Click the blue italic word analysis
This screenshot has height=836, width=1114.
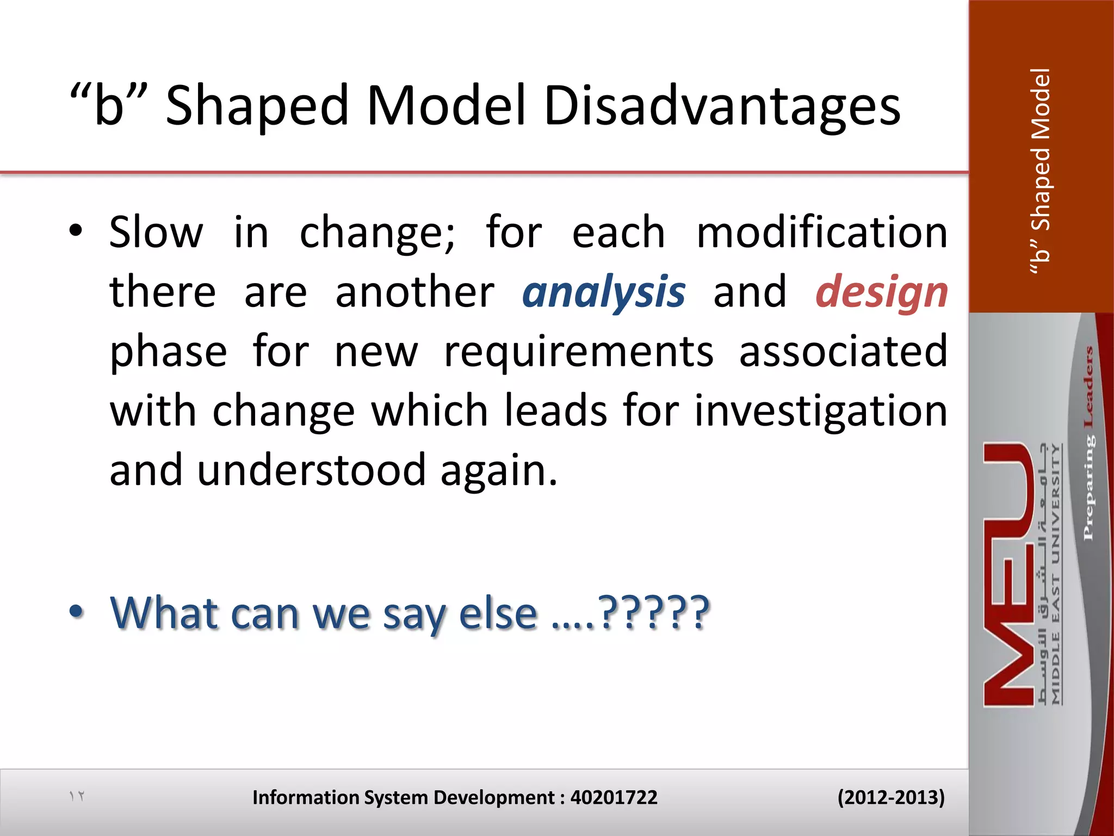pyautogui.click(x=604, y=292)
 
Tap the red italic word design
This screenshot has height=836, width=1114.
pyautogui.click(x=882, y=292)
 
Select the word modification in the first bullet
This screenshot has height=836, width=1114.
pyautogui.click(x=822, y=232)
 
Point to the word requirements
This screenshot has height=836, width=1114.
pyautogui.click(x=579, y=352)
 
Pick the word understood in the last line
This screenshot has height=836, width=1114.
pyautogui.click(x=311, y=470)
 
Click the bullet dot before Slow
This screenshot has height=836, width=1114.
pyautogui.click(x=76, y=231)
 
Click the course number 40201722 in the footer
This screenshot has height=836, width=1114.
pyautogui.click(x=614, y=797)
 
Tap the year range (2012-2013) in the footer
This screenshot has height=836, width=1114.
pyautogui.click(x=890, y=797)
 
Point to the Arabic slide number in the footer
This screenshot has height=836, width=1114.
pyautogui.click(x=77, y=796)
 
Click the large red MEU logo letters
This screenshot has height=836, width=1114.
pyautogui.click(x=1009, y=574)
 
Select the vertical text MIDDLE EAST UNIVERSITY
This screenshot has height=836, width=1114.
pyautogui.click(x=1056, y=574)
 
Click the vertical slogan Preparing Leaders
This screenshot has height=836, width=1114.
pyautogui.click(x=1088, y=444)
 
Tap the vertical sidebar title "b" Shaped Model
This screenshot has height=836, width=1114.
pyautogui.click(x=1041, y=171)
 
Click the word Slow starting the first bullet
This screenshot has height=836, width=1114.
pyautogui.click(x=156, y=232)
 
